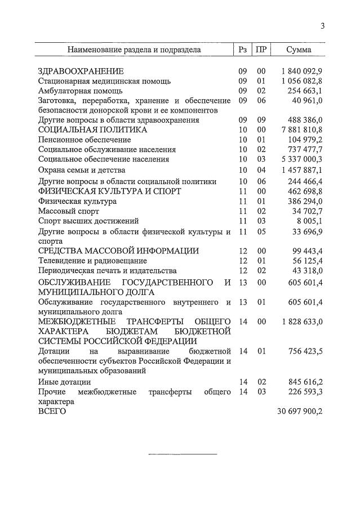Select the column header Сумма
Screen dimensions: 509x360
pyautogui.click(x=299, y=50)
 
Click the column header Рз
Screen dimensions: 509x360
pyautogui.click(x=243, y=50)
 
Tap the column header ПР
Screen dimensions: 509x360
pyautogui.click(x=261, y=50)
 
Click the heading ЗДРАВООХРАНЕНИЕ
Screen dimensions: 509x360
pyautogui.click(x=81, y=72)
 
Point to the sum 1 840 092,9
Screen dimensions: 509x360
pyautogui.click(x=301, y=72)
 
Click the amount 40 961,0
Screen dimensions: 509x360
pyautogui.click(x=308, y=100)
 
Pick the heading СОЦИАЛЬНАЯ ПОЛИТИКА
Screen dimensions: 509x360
pyautogui.click(x=92, y=130)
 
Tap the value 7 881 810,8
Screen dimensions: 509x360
pyautogui.click(x=301, y=130)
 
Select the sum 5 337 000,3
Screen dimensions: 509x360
pyautogui.click(x=301, y=159)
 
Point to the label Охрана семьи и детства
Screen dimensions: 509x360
pyautogui.click(x=81, y=170)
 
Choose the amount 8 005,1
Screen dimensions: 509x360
pyautogui.click(x=310, y=221)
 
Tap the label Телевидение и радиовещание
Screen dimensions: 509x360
pyautogui.click(x=92, y=261)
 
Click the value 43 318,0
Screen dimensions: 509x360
pyautogui.click(x=308, y=270)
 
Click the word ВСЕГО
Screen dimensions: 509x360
pyautogui.click(x=52, y=412)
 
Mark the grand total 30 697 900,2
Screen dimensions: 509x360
pyautogui.click(x=299, y=412)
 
